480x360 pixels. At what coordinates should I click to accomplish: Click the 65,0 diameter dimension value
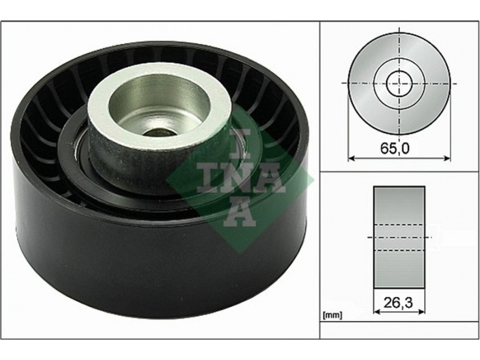[x=395, y=148]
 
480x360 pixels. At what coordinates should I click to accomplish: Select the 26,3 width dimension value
[x=398, y=303]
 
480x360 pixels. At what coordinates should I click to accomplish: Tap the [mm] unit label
[x=332, y=315]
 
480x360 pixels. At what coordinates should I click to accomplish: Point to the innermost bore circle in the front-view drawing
[x=399, y=83]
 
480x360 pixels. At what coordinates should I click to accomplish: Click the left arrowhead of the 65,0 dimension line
[x=352, y=158]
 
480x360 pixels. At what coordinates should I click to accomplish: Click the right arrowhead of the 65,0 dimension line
[x=447, y=158]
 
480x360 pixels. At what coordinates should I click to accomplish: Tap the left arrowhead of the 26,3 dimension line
[x=377, y=311]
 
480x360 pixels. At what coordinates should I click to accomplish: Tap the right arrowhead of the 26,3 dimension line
[x=422, y=311]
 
